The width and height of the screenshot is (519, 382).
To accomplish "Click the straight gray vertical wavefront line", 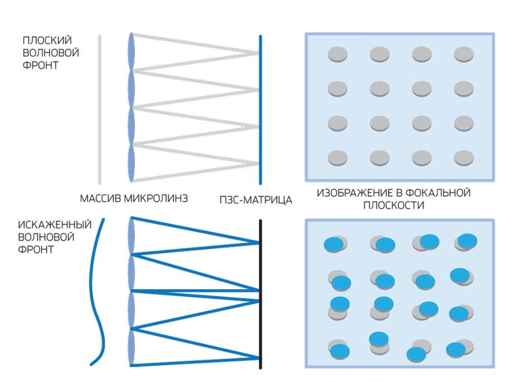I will click(x=99, y=110).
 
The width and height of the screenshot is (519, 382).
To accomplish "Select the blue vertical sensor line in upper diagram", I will click(x=260, y=110).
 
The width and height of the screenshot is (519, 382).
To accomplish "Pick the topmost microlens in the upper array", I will click(x=132, y=51).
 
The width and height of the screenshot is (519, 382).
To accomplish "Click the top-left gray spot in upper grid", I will click(x=337, y=54).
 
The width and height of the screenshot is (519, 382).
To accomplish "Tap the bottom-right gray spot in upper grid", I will click(x=464, y=157).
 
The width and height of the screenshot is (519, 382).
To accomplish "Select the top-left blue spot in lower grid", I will click(x=334, y=243).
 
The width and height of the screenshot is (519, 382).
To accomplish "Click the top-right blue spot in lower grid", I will click(x=467, y=241).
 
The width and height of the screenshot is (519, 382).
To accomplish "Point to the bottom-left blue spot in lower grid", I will click(x=339, y=351).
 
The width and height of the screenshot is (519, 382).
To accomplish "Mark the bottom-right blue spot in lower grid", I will click(x=457, y=349).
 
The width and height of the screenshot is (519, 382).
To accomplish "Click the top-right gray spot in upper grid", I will click(x=464, y=54).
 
